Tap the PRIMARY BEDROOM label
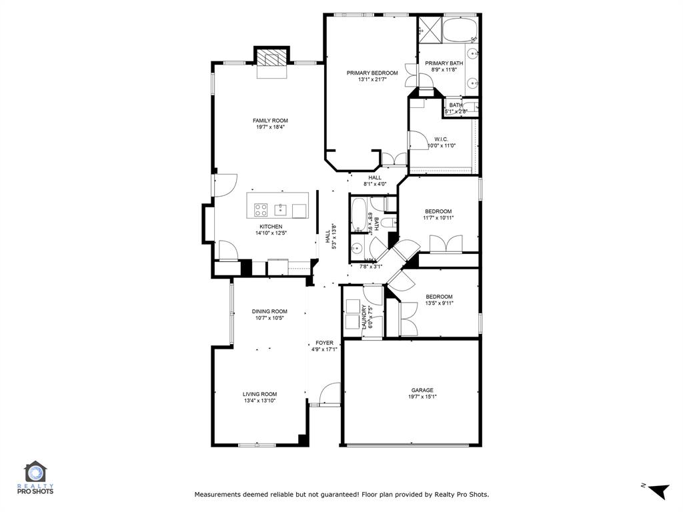point(372,73)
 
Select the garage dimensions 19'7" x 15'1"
point(422,397)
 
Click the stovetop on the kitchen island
point(261,210)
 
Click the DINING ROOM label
point(269,311)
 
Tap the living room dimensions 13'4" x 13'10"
point(259,401)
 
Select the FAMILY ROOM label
point(270,121)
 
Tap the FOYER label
point(325,343)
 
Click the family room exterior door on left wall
point(225,185)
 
